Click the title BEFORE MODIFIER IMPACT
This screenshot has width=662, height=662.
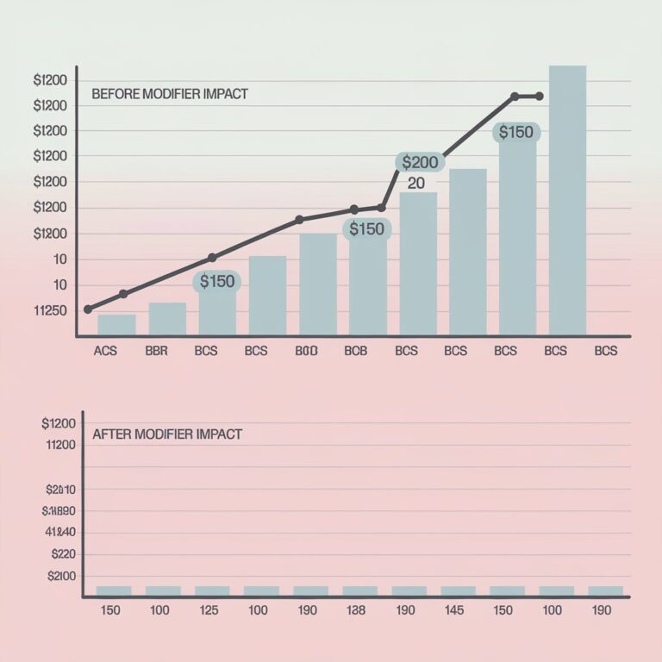[169, 94]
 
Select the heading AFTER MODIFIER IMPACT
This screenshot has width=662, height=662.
[166, 434]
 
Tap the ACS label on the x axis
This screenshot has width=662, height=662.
[104, 352]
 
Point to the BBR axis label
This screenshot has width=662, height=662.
[156, 352]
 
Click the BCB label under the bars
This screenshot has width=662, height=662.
[356, 352]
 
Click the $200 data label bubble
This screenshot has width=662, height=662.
[420, 162]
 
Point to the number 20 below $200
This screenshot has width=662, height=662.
[416, 184]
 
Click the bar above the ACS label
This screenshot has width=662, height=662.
[116, 325]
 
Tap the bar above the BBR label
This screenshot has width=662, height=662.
[167, 319]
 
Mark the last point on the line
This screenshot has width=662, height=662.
[540, 96]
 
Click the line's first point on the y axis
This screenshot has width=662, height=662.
[88, 309]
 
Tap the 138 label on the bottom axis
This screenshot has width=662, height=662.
[356, 610]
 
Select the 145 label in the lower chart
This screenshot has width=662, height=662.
[454, 610]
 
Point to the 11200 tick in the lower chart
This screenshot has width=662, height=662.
[59, 445]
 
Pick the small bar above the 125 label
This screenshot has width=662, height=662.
[212, 590]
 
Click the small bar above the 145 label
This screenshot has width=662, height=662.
[458, 590]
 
